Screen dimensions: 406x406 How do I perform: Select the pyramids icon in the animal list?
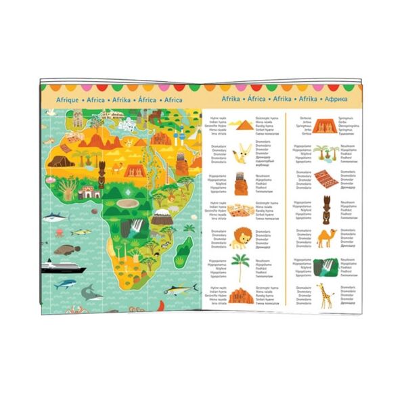(240, 124)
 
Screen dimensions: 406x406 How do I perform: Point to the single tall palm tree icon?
(240, 265)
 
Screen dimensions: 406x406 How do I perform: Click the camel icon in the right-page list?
(326, 236)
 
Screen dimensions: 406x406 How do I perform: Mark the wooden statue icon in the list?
(326, 208)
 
